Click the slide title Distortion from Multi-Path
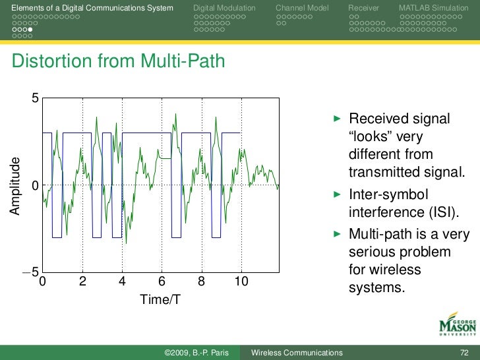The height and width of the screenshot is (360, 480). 119,62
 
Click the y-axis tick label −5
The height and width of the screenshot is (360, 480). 30,272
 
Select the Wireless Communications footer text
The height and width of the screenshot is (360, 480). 297,353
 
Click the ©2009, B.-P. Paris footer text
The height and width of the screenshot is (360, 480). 196,353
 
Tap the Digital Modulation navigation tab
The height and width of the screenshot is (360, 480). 224,7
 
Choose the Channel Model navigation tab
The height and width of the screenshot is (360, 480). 301,7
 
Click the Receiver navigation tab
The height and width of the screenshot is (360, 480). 364,7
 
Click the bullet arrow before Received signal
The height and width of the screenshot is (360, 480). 338,119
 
